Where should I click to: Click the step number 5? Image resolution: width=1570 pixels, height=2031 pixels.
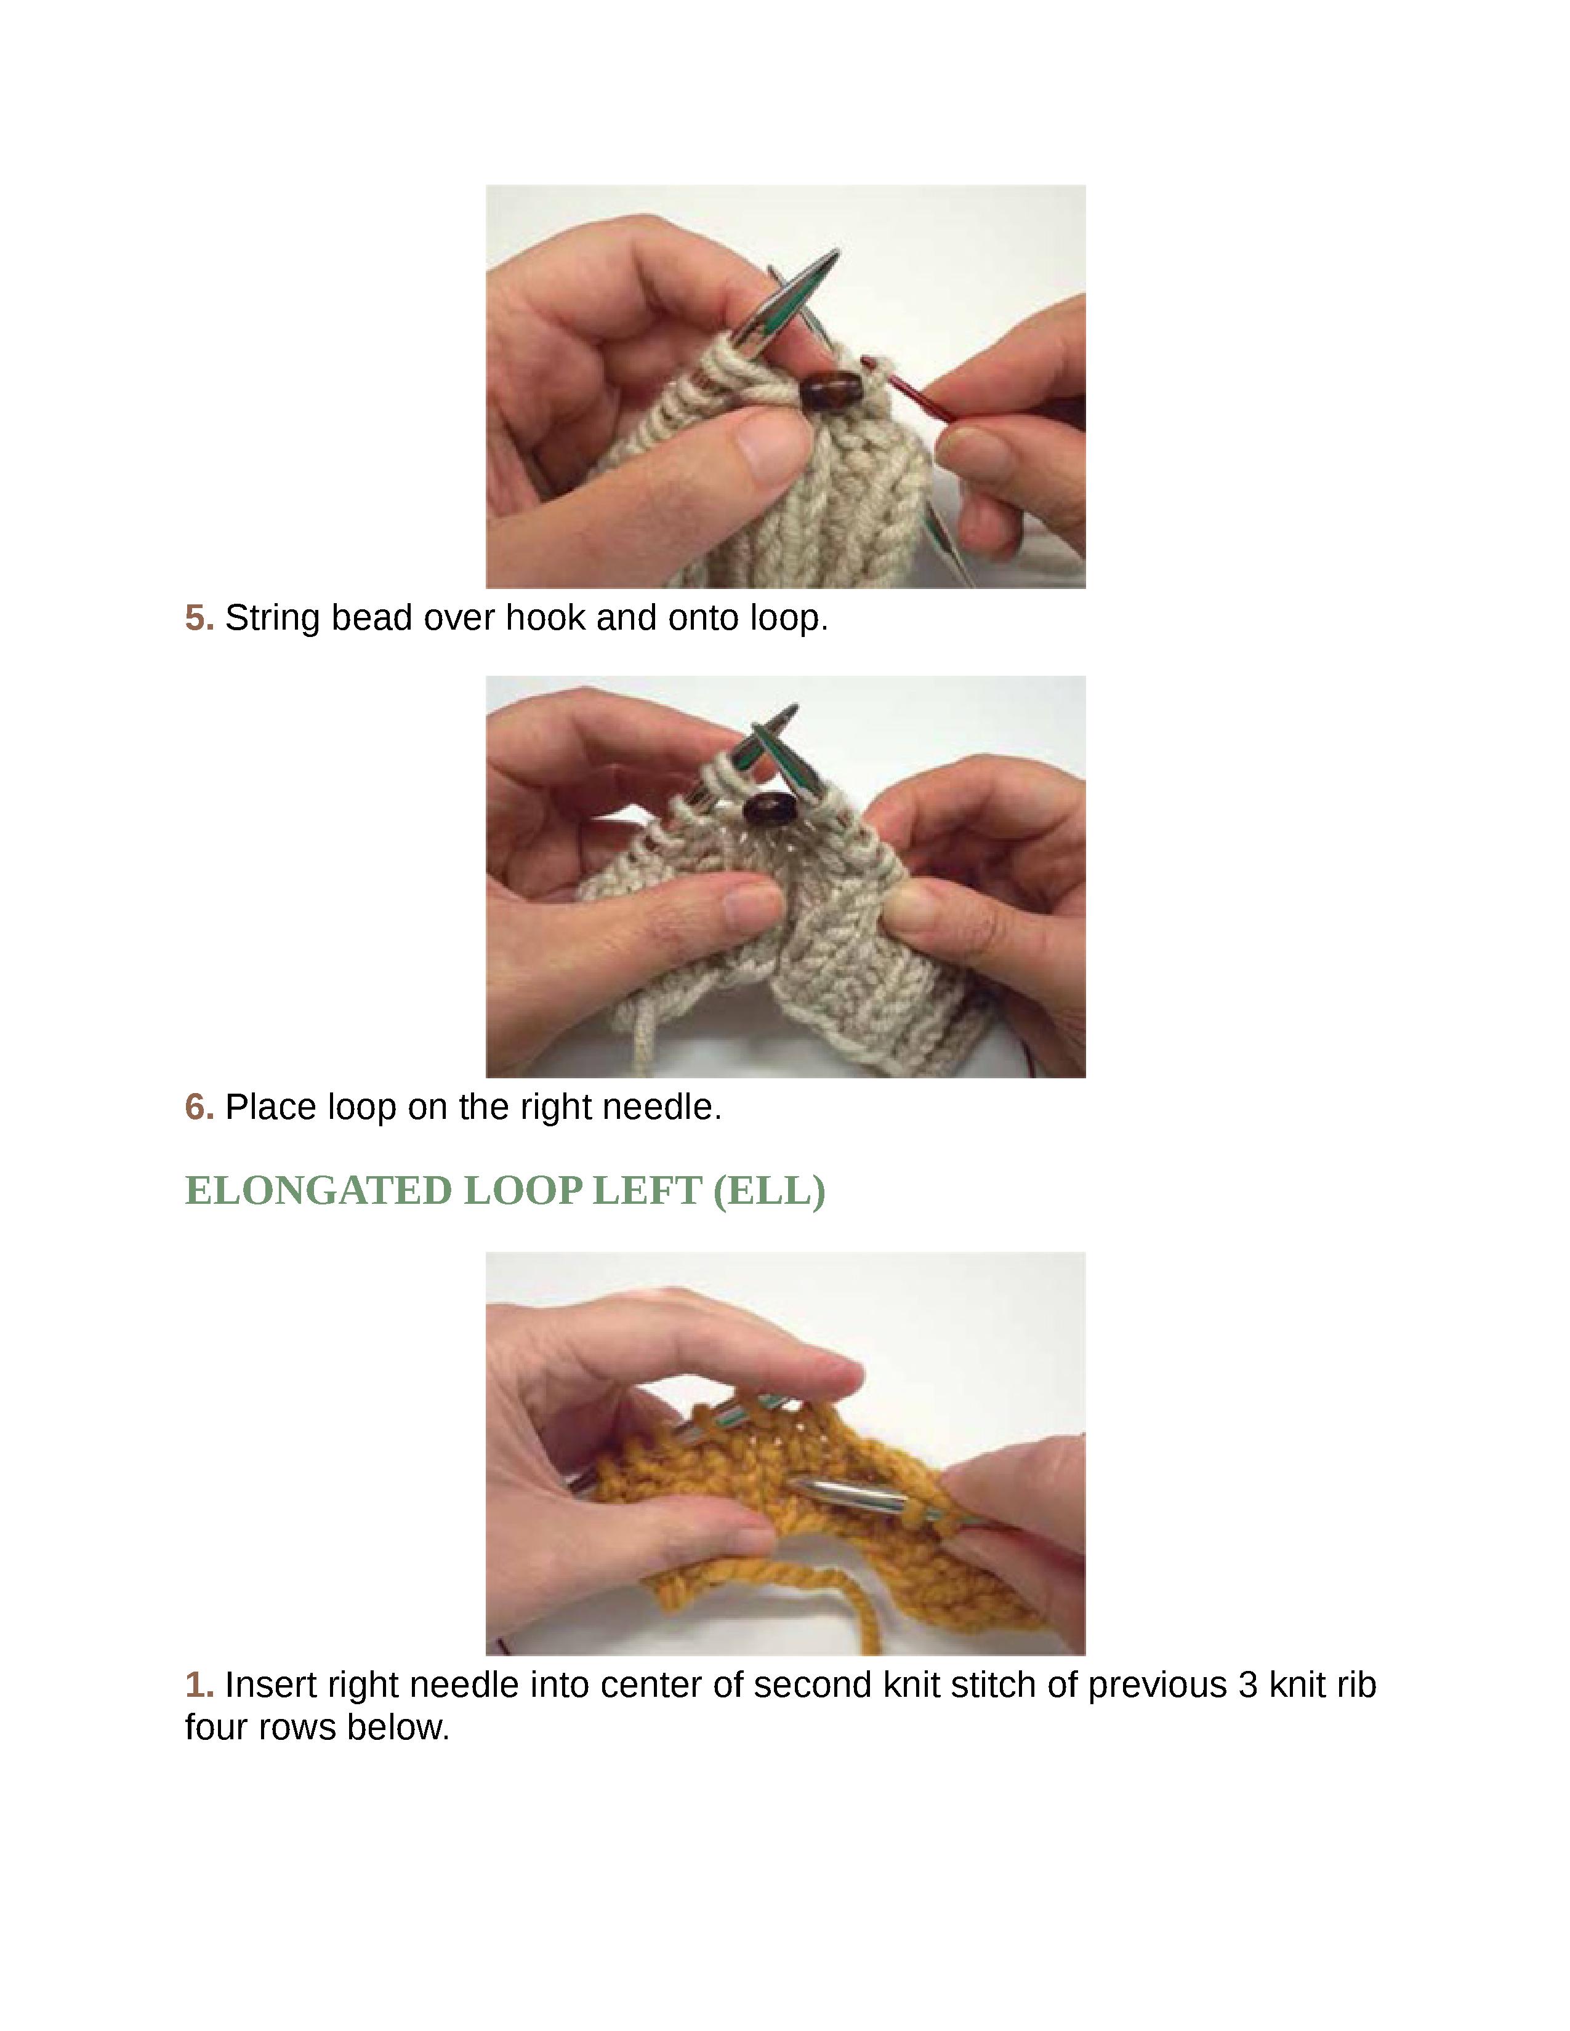tap(199, 617)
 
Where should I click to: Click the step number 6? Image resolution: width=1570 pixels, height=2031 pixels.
tap(199, 1107)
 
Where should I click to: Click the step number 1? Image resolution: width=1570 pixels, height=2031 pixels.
tap(199, 1684)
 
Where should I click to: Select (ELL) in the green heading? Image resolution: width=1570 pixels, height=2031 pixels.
tap(768, 1192)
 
